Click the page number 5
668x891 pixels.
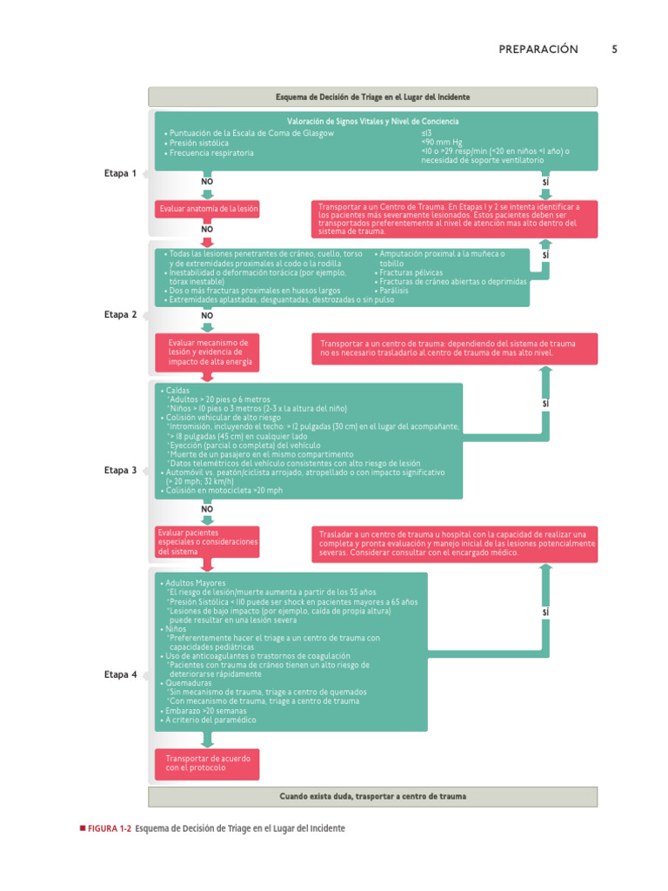614,50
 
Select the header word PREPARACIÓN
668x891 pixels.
538,50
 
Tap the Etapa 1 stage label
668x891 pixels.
120,173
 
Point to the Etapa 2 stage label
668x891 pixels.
120,314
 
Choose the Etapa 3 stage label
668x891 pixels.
120,470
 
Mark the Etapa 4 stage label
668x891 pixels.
120,674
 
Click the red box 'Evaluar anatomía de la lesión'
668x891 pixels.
207,209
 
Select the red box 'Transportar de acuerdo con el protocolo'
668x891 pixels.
207,764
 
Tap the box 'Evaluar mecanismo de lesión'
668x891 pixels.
207,352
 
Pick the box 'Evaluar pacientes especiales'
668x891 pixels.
207,542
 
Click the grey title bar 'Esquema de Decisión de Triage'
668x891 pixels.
372,97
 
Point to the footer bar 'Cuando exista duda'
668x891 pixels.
372,797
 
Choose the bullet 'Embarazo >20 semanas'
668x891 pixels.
204,711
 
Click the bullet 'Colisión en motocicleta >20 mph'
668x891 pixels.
222,491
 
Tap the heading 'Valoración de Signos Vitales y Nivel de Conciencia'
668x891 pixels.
372,121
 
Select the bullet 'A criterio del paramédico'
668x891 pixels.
208,720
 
